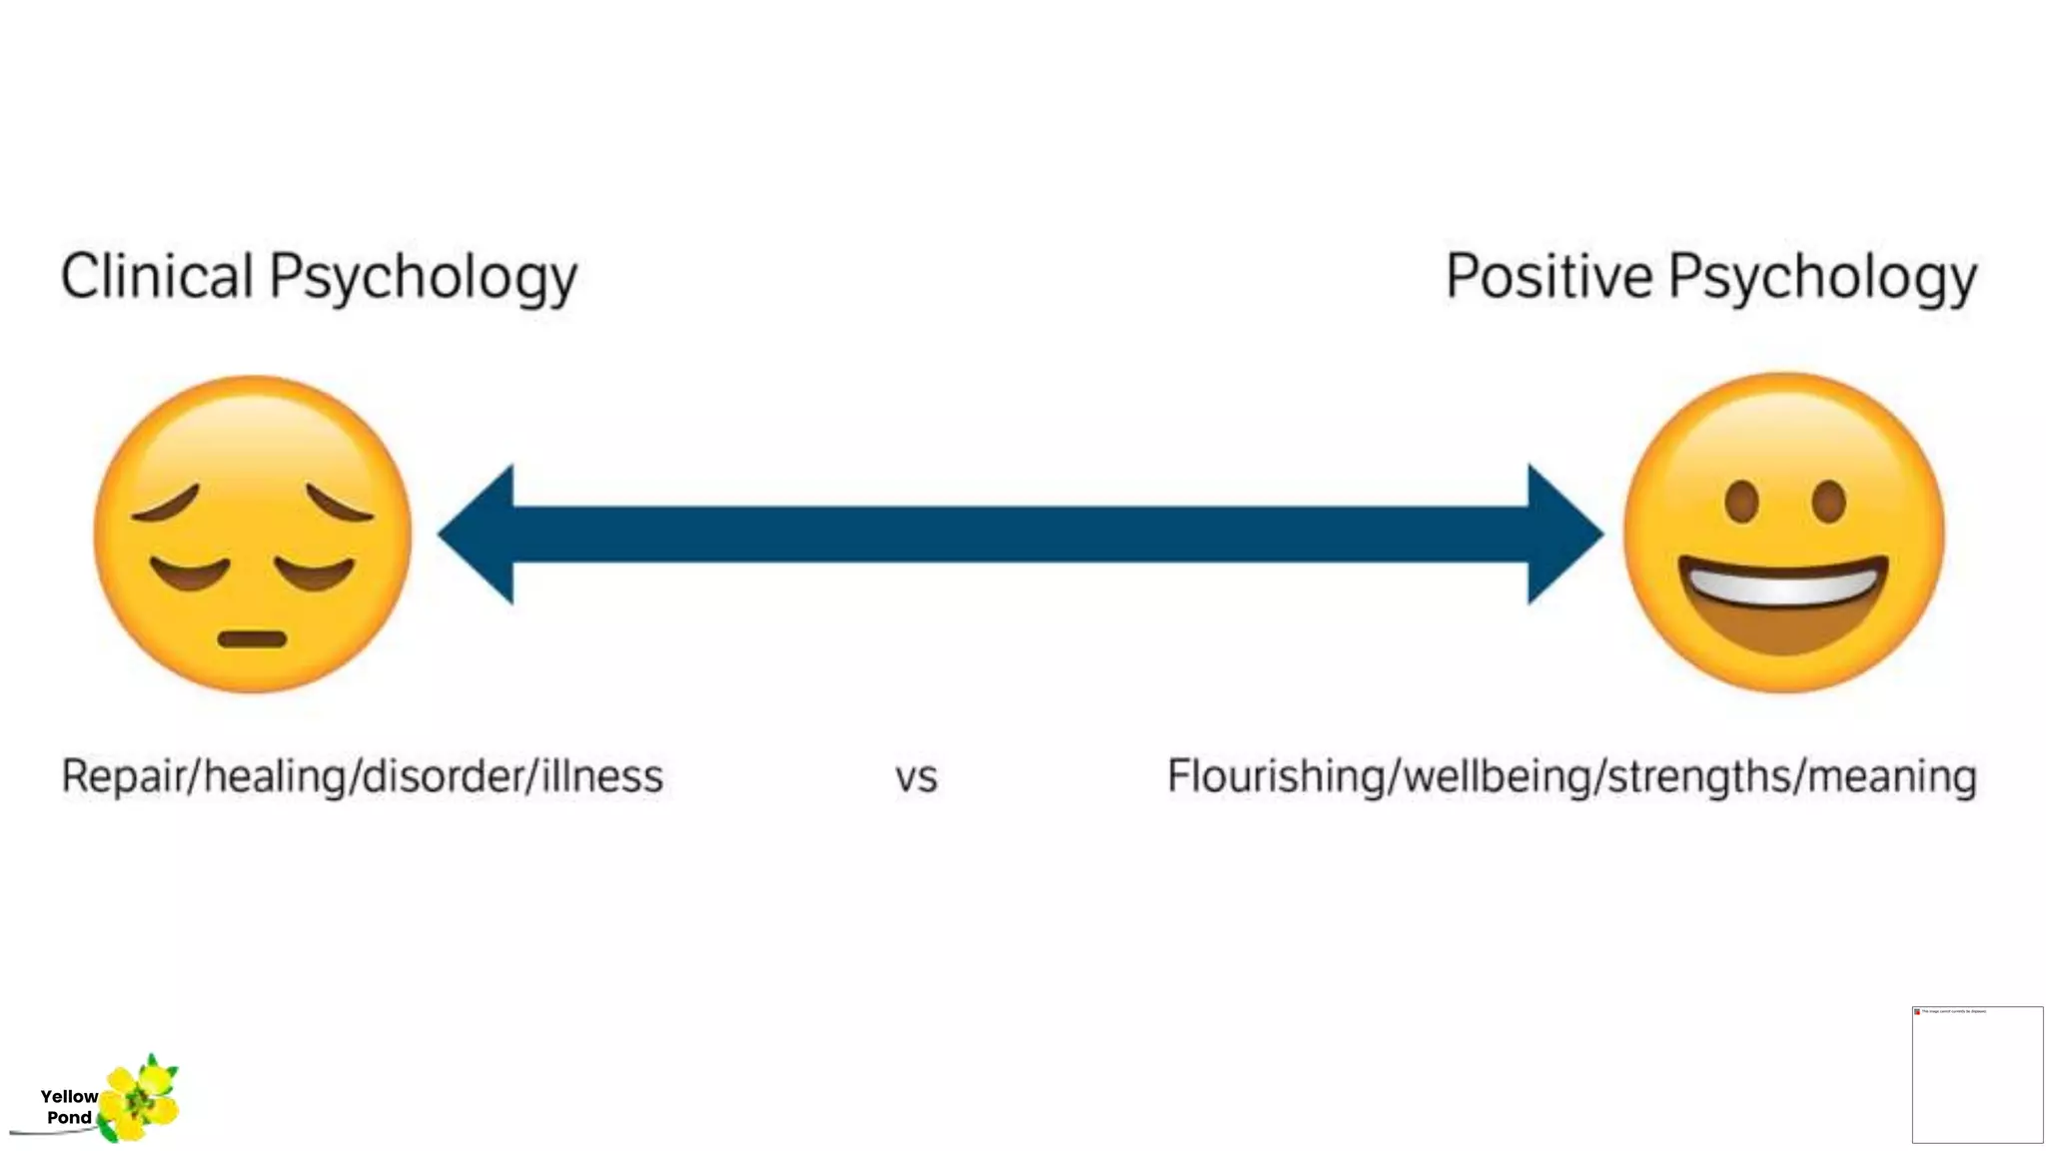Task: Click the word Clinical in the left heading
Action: point(157,277)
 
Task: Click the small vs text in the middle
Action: point(916,777)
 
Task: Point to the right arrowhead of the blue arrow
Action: point(1563,535)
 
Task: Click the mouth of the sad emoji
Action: point(252,638)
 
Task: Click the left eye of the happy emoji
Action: point(1741,502)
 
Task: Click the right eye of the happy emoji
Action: point(1828,502)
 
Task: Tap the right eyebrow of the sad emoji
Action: point(340,503)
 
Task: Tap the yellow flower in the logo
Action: point(140,1099)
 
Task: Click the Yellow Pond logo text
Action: point(69,1107)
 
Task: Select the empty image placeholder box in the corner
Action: point(1977,1075)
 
